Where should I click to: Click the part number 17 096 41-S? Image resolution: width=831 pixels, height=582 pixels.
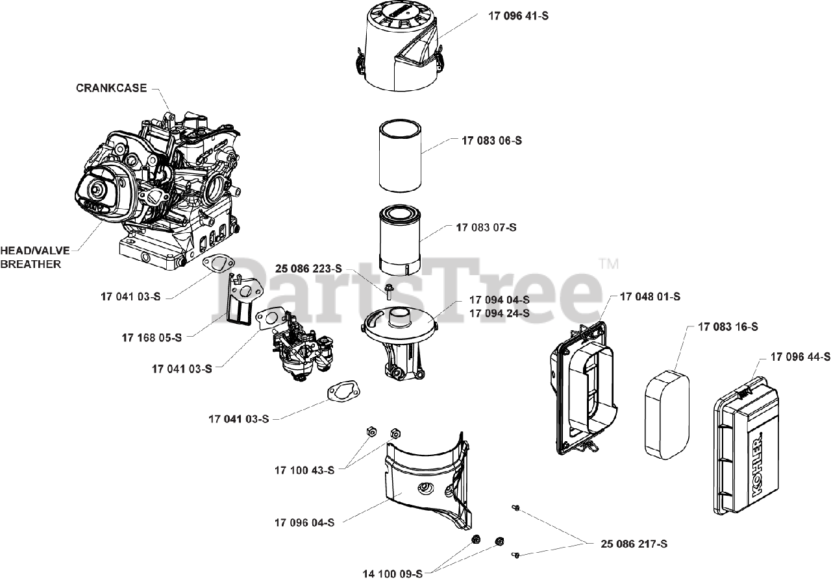coord(517,16)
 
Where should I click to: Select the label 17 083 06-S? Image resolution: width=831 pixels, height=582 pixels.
coord(491,140)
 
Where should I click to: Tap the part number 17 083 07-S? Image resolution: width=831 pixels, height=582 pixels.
coord(486,227)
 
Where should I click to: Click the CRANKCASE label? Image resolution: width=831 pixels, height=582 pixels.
coord(112,88)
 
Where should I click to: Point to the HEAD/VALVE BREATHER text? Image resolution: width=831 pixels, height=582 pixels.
coord(34,257)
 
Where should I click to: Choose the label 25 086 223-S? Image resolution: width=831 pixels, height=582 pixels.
coord(308,269)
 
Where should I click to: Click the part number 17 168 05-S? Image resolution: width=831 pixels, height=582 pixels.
coord(152,337)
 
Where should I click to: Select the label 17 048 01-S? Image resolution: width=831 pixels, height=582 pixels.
coord(650,297)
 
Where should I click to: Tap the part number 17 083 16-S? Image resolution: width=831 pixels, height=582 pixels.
coord(728,327)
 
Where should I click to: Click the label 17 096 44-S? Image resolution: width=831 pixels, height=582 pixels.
coord(800,356)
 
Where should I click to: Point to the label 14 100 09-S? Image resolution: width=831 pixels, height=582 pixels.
coord(392,574)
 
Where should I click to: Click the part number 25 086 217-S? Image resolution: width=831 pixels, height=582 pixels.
coord(634,544)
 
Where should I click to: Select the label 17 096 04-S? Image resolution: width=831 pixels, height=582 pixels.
coord(304,522)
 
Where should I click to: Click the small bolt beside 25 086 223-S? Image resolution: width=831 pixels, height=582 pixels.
coord(388,289)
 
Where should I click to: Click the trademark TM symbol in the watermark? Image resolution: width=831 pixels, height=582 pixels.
coord(608,263)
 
